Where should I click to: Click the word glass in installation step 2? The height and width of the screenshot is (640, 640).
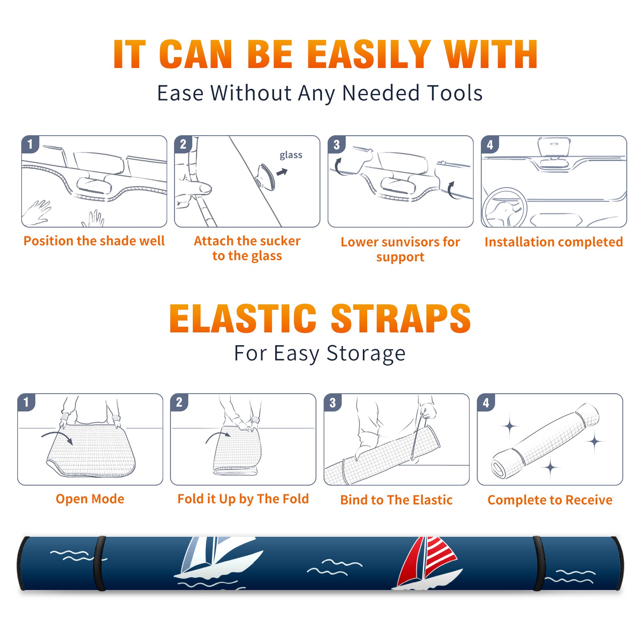291,155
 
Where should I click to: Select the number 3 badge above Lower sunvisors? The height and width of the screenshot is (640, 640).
336,145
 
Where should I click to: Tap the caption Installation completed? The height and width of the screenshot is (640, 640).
554,242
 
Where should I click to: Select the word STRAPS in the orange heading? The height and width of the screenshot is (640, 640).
401,318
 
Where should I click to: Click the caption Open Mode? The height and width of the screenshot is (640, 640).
90,499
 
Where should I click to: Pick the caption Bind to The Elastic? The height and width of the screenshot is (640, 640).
396,500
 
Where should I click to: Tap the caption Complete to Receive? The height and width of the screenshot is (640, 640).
550,500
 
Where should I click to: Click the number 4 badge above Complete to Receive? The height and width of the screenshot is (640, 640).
486,402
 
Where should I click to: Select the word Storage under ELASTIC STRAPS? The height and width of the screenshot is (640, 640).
366,354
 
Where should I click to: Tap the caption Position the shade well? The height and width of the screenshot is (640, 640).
94,241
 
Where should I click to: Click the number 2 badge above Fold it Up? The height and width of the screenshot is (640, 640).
179,402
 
